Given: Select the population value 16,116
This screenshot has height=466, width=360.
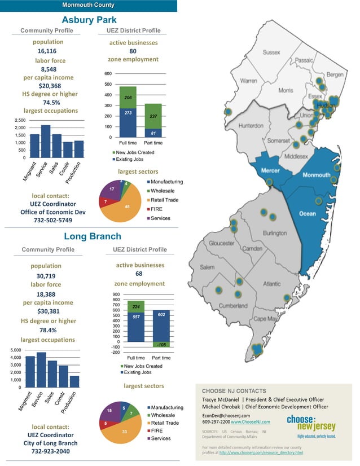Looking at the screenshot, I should [48, 51].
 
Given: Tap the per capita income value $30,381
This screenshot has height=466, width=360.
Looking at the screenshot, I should [48, 311].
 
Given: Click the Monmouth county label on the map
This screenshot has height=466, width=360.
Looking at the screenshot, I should [317, 175].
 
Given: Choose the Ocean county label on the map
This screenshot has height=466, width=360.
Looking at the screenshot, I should [308, 213].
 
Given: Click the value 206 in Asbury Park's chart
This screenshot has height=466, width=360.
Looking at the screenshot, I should [128, 98].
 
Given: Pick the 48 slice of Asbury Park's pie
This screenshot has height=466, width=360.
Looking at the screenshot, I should [127, 207].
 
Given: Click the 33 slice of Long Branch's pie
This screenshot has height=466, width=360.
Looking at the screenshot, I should [125, 432].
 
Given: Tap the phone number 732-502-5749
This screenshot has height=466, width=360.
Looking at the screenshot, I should [47, 221].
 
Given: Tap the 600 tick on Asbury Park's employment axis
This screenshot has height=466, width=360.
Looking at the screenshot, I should [108, 74].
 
